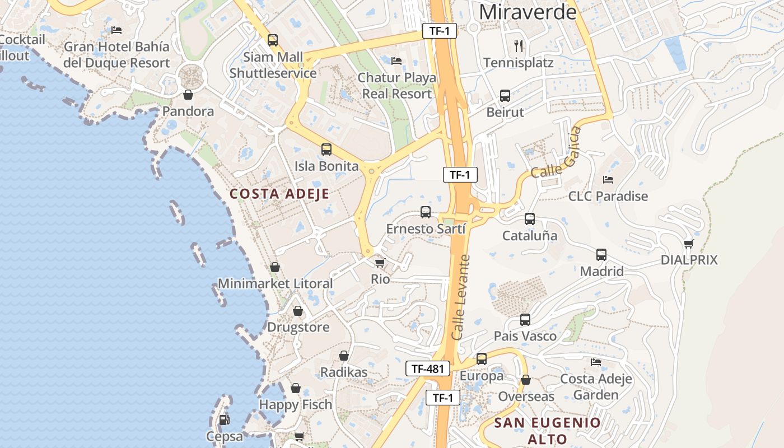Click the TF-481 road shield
pos(428,368)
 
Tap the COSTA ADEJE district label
pos(279,194)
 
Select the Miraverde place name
pos(528,11)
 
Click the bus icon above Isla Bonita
pos(326,150)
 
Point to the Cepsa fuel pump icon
pos(224,419)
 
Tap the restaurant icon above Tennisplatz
pos(519,45)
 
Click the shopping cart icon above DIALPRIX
pos(688,244)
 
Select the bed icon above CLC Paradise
pos(608,180)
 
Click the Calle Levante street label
pos(461,297)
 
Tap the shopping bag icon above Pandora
pos(188,95)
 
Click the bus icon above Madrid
pos(601,255)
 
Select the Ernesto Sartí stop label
pos(426,229)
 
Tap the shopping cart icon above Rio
pos(380,262)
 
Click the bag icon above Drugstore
pos(298,310)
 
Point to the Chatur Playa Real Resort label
pos(397,86)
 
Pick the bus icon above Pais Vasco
pos(525,320)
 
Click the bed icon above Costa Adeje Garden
pos(596,362)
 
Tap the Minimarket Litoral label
pos(275,283)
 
